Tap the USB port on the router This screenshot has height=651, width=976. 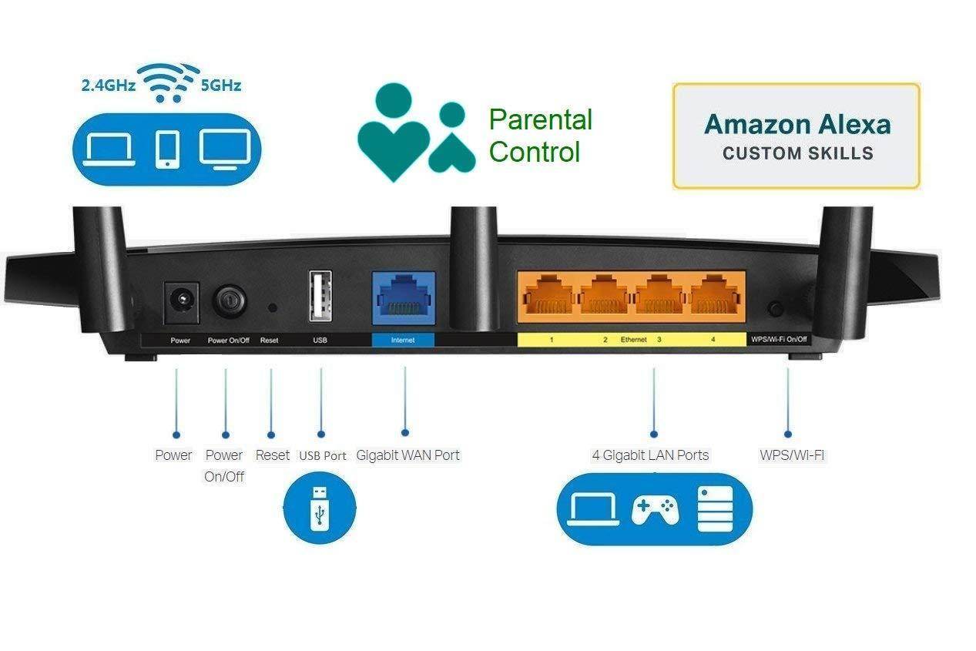click(320, 296)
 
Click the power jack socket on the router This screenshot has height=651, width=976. click(182, 300)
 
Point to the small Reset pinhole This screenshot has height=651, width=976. click(272, 307)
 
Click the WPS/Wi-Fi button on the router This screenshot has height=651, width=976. click(776, 309)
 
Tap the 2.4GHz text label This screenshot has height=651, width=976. click(108, 86)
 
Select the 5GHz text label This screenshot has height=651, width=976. click(221, 86)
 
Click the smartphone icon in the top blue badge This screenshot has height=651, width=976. click(167, 149)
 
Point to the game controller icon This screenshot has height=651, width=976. click(655, 509)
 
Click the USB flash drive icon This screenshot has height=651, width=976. click(320, 508)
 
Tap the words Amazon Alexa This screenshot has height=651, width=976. click(797, 124)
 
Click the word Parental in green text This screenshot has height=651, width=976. click(541, 120)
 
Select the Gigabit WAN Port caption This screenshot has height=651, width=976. click(408, 455)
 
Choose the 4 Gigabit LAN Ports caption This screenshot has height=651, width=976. click(650, 455)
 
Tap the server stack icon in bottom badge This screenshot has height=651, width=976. click(716, 509)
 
